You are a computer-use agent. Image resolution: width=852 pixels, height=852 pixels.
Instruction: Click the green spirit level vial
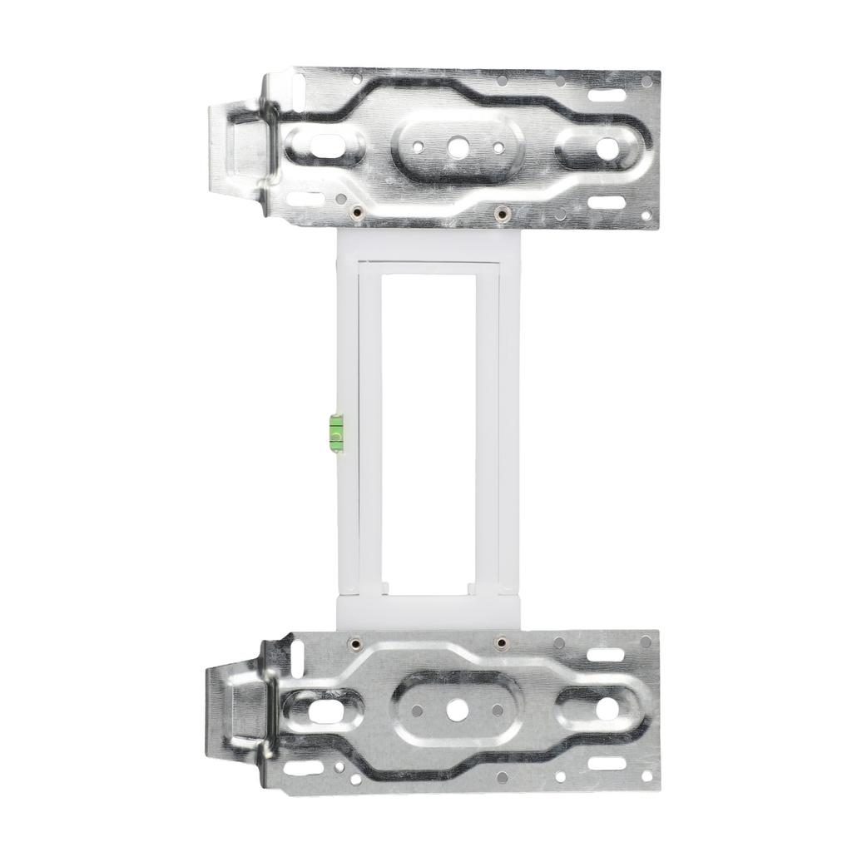[x=335, y=432]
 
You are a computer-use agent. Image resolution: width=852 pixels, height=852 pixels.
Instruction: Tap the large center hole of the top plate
[x=455, y=147]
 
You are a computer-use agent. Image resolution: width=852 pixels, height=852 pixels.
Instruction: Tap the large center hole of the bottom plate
[x=455, y=710]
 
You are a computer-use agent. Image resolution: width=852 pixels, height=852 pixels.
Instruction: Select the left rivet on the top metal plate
[x=355, y=213]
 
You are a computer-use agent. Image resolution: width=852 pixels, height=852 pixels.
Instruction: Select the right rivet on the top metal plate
[x=500, y=213]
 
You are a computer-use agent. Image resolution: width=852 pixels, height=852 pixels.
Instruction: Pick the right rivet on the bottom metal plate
[x=500, y=641]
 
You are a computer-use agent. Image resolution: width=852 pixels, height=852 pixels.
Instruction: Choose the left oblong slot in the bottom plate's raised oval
[x=327, y=712]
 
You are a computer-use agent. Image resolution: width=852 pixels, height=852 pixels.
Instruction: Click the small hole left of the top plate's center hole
[x=419, y=146]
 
